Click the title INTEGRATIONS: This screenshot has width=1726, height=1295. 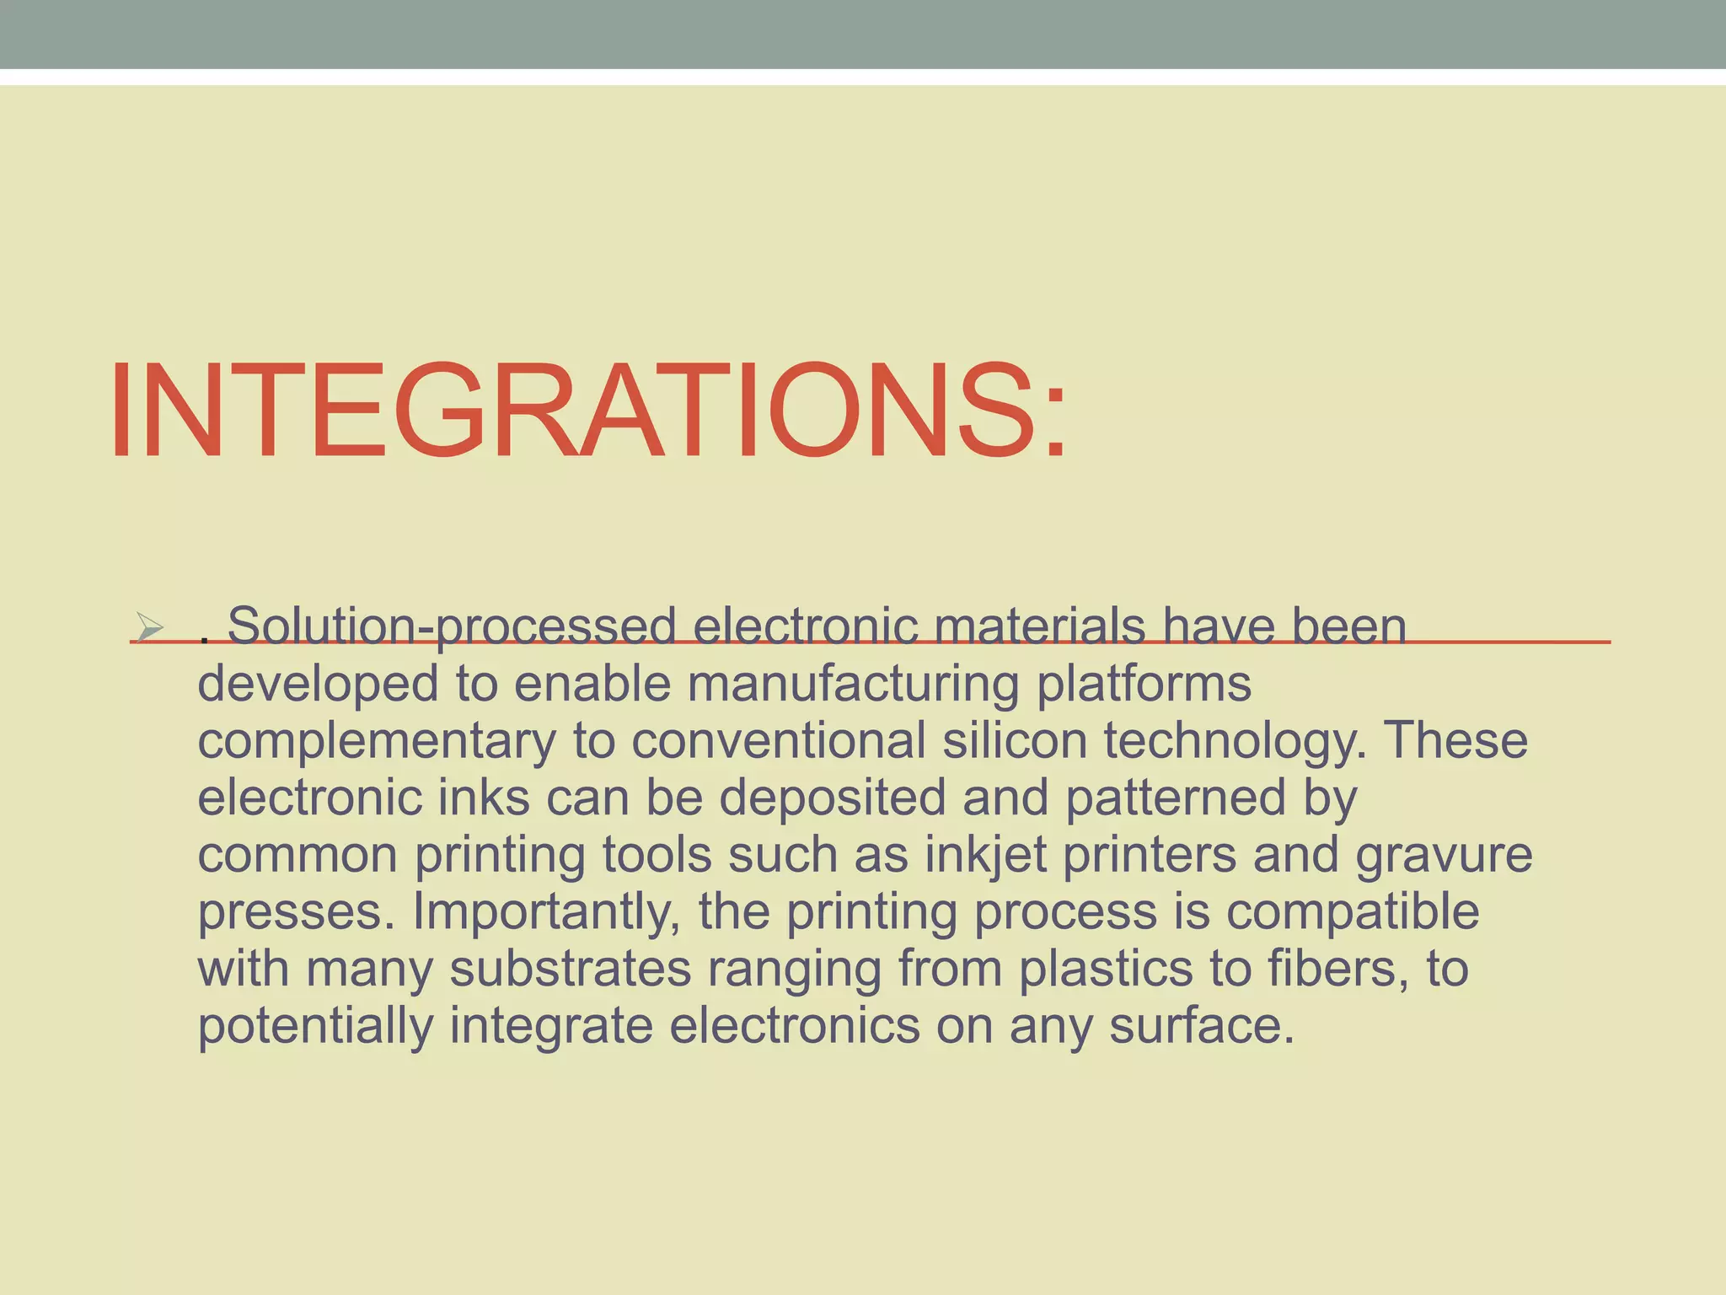coord(588,411)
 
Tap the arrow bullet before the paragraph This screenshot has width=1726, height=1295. coord(150,626)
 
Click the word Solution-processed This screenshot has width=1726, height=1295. coord(452,626)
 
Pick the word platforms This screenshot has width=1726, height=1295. coord(1144,683)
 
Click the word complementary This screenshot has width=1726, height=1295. coord(377,740)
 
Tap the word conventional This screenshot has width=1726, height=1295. coord(779,740)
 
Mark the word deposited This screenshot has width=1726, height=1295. coord(833,798)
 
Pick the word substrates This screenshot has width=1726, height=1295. coord(571,969)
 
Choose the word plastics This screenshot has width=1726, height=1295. coord(1106,969)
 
